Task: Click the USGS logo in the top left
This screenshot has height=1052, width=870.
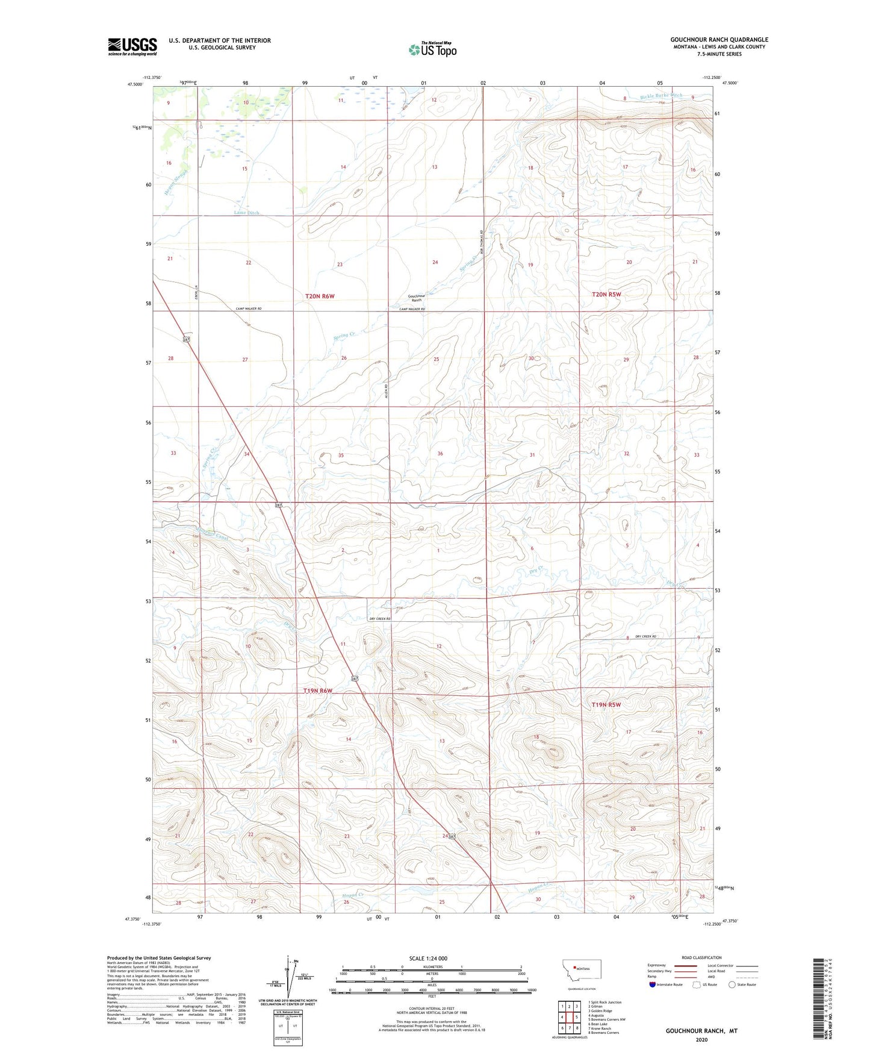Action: pyautogui.click(x=132, y=46)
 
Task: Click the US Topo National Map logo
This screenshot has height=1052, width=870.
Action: pyautogui.click(x=432, y=49)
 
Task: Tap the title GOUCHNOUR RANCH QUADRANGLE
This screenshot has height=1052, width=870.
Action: pyautogui.click(x=719, y=40)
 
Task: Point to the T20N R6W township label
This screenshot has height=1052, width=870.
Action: pyautogui.click(x=319, y=296)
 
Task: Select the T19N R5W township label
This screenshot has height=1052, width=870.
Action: pyautogui.click(x=606, y=704)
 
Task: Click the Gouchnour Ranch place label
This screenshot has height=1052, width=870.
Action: pyautogui.click(x=416, y=298)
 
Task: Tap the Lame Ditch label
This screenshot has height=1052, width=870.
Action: pyautogui.click(x=246, y=213)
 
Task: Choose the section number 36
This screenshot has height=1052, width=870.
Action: pyautogui.click(x=440, y=454)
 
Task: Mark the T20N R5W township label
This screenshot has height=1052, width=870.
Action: pyautogui.click(x=606, y=294)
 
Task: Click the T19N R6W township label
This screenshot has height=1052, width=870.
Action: pyautogui.click(x=317, y=690)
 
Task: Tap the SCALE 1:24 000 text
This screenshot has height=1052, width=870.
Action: pyautogui.click(x=427, y=958)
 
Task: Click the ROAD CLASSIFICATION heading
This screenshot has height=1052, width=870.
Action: pyautogui.click(x=701, y=957)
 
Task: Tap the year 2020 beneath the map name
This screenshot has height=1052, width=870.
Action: pyautogui.click(x=701, y=1039)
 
